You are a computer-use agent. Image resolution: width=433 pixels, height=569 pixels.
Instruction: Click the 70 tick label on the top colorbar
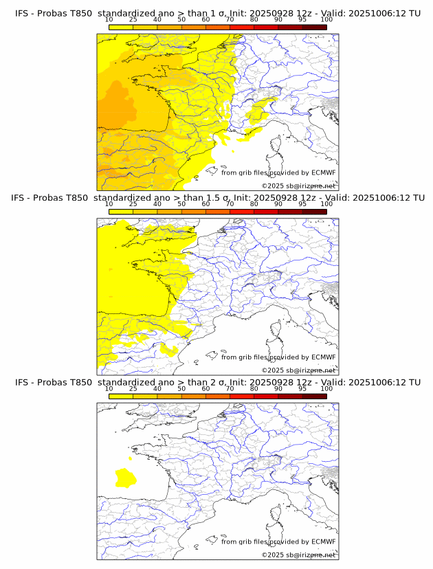230,19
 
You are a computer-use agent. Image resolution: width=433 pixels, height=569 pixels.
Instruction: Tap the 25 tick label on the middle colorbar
133,204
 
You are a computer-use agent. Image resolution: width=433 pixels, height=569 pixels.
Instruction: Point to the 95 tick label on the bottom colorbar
302,389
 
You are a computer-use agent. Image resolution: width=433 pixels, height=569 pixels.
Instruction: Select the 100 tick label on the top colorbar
326,19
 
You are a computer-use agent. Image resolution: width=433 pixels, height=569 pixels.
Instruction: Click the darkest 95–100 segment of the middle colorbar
314,212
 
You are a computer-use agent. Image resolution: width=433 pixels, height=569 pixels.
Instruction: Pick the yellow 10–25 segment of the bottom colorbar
121,397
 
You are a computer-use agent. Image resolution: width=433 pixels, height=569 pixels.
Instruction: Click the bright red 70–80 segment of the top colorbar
242,27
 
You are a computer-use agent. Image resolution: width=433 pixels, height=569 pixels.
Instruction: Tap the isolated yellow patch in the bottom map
125,476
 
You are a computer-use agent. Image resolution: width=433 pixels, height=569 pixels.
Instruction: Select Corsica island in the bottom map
276,515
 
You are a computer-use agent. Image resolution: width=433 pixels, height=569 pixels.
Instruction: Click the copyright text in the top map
298,186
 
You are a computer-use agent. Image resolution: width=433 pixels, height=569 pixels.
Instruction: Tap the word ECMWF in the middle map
324,357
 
